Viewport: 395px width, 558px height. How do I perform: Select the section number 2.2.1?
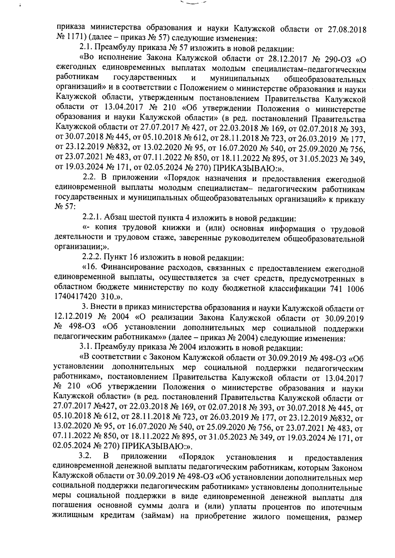coord(92,218)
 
